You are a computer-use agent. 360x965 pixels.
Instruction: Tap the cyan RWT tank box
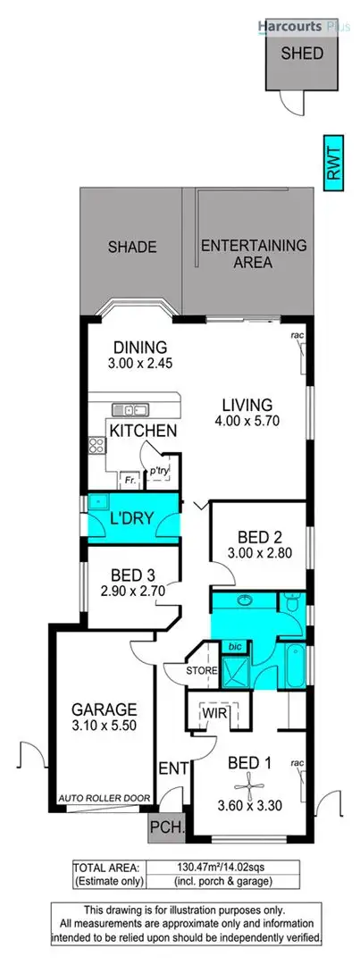coord(333,162)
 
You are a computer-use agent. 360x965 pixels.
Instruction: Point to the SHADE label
coord(132,248)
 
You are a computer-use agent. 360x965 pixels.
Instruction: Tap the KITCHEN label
coord(142,431)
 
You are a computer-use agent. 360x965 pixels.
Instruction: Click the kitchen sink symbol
coord(130,411)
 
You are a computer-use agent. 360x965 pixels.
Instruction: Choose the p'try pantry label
coord(159,471)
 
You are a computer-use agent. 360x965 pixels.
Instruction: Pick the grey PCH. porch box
coord(167,827)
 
